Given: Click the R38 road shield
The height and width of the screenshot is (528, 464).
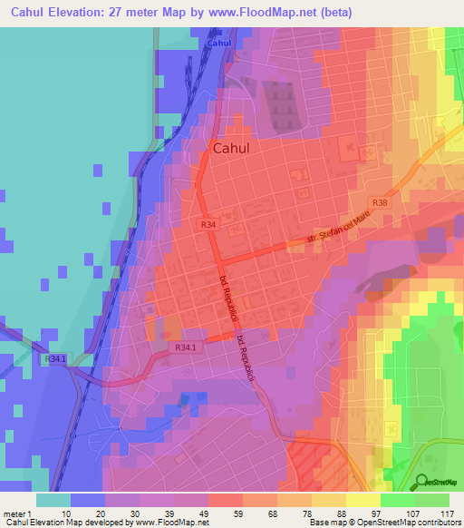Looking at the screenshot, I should click(x=379, y=203).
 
